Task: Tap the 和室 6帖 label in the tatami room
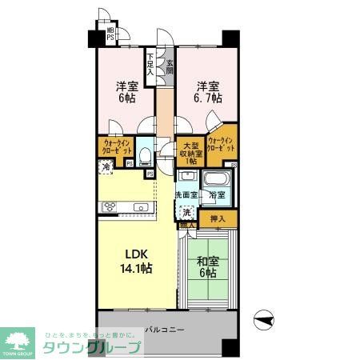point(207,266)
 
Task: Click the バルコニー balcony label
point(166,330)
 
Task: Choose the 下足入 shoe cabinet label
point(150,63)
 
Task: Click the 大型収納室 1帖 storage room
point(190,152)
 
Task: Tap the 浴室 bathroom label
point(217,194)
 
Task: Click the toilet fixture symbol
point(145,151)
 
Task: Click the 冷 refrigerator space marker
point(106,166)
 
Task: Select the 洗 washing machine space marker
point(186,212)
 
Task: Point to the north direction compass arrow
point(265,319)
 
